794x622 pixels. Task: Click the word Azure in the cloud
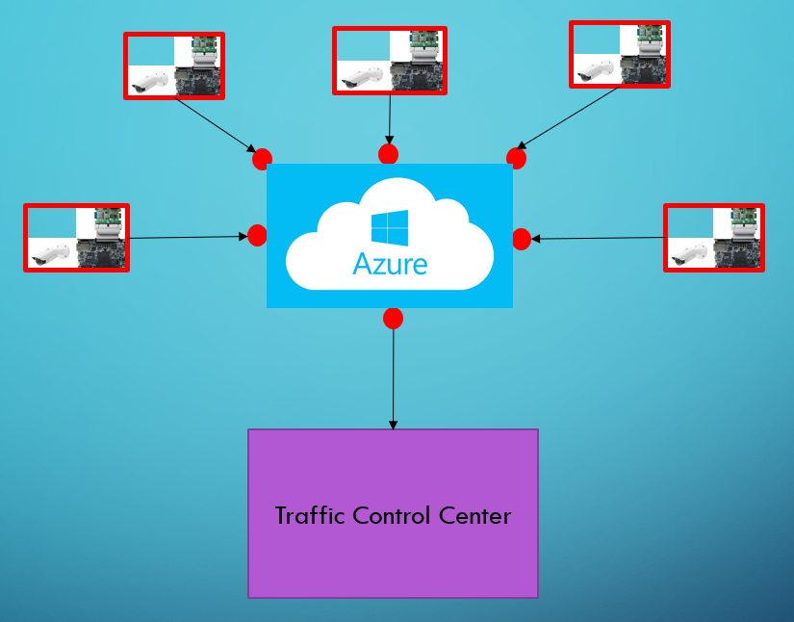pos(390,264)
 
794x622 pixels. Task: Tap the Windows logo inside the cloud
pos(390,227)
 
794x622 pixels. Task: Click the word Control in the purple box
pos(393,515)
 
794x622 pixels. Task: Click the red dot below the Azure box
pos(393,318)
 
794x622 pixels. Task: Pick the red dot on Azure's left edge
pos(257,235)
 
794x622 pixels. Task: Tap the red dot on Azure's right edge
pos(522,239)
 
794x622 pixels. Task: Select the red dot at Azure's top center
pos(388,154)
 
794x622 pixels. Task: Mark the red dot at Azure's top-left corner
pos(262,159)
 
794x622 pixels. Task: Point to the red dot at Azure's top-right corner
pos(517,158)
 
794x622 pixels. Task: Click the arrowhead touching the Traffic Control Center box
pos(393,425)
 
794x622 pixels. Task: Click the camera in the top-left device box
pos(149,82)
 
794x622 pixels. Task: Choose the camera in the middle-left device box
pos(50,254)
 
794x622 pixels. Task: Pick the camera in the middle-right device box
pos(689,255)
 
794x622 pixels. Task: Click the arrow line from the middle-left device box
pos(183,237)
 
